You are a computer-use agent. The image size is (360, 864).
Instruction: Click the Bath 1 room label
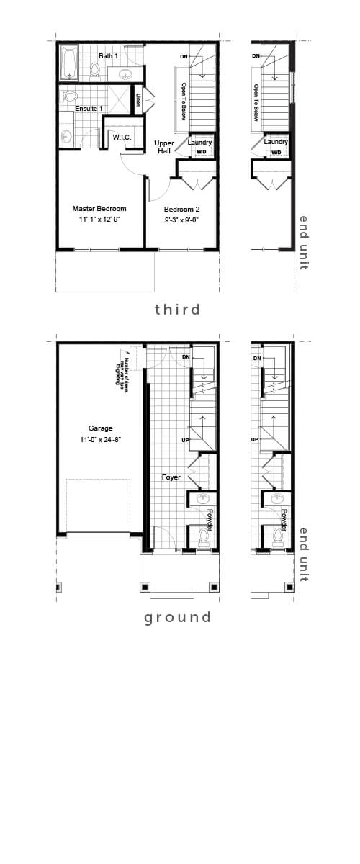point(108,55)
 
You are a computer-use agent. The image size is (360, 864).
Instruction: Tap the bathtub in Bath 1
point(68,63)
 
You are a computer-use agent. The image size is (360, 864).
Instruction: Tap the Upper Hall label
point(164,148)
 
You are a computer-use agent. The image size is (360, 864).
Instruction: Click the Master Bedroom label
point(99,209)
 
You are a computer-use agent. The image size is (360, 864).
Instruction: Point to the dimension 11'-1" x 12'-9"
point(99,220)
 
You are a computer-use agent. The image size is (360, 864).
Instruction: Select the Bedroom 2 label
point(181,209)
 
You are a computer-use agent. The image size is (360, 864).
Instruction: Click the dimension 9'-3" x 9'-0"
point(181,220)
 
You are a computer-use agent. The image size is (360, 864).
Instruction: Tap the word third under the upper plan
point(177,310)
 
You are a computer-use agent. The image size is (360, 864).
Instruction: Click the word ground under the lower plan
point(177,617)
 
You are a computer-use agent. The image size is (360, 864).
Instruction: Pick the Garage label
point(100,428)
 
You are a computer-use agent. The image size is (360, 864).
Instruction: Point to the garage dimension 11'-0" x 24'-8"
point(100,439)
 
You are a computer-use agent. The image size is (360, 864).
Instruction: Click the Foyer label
point(171,477)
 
